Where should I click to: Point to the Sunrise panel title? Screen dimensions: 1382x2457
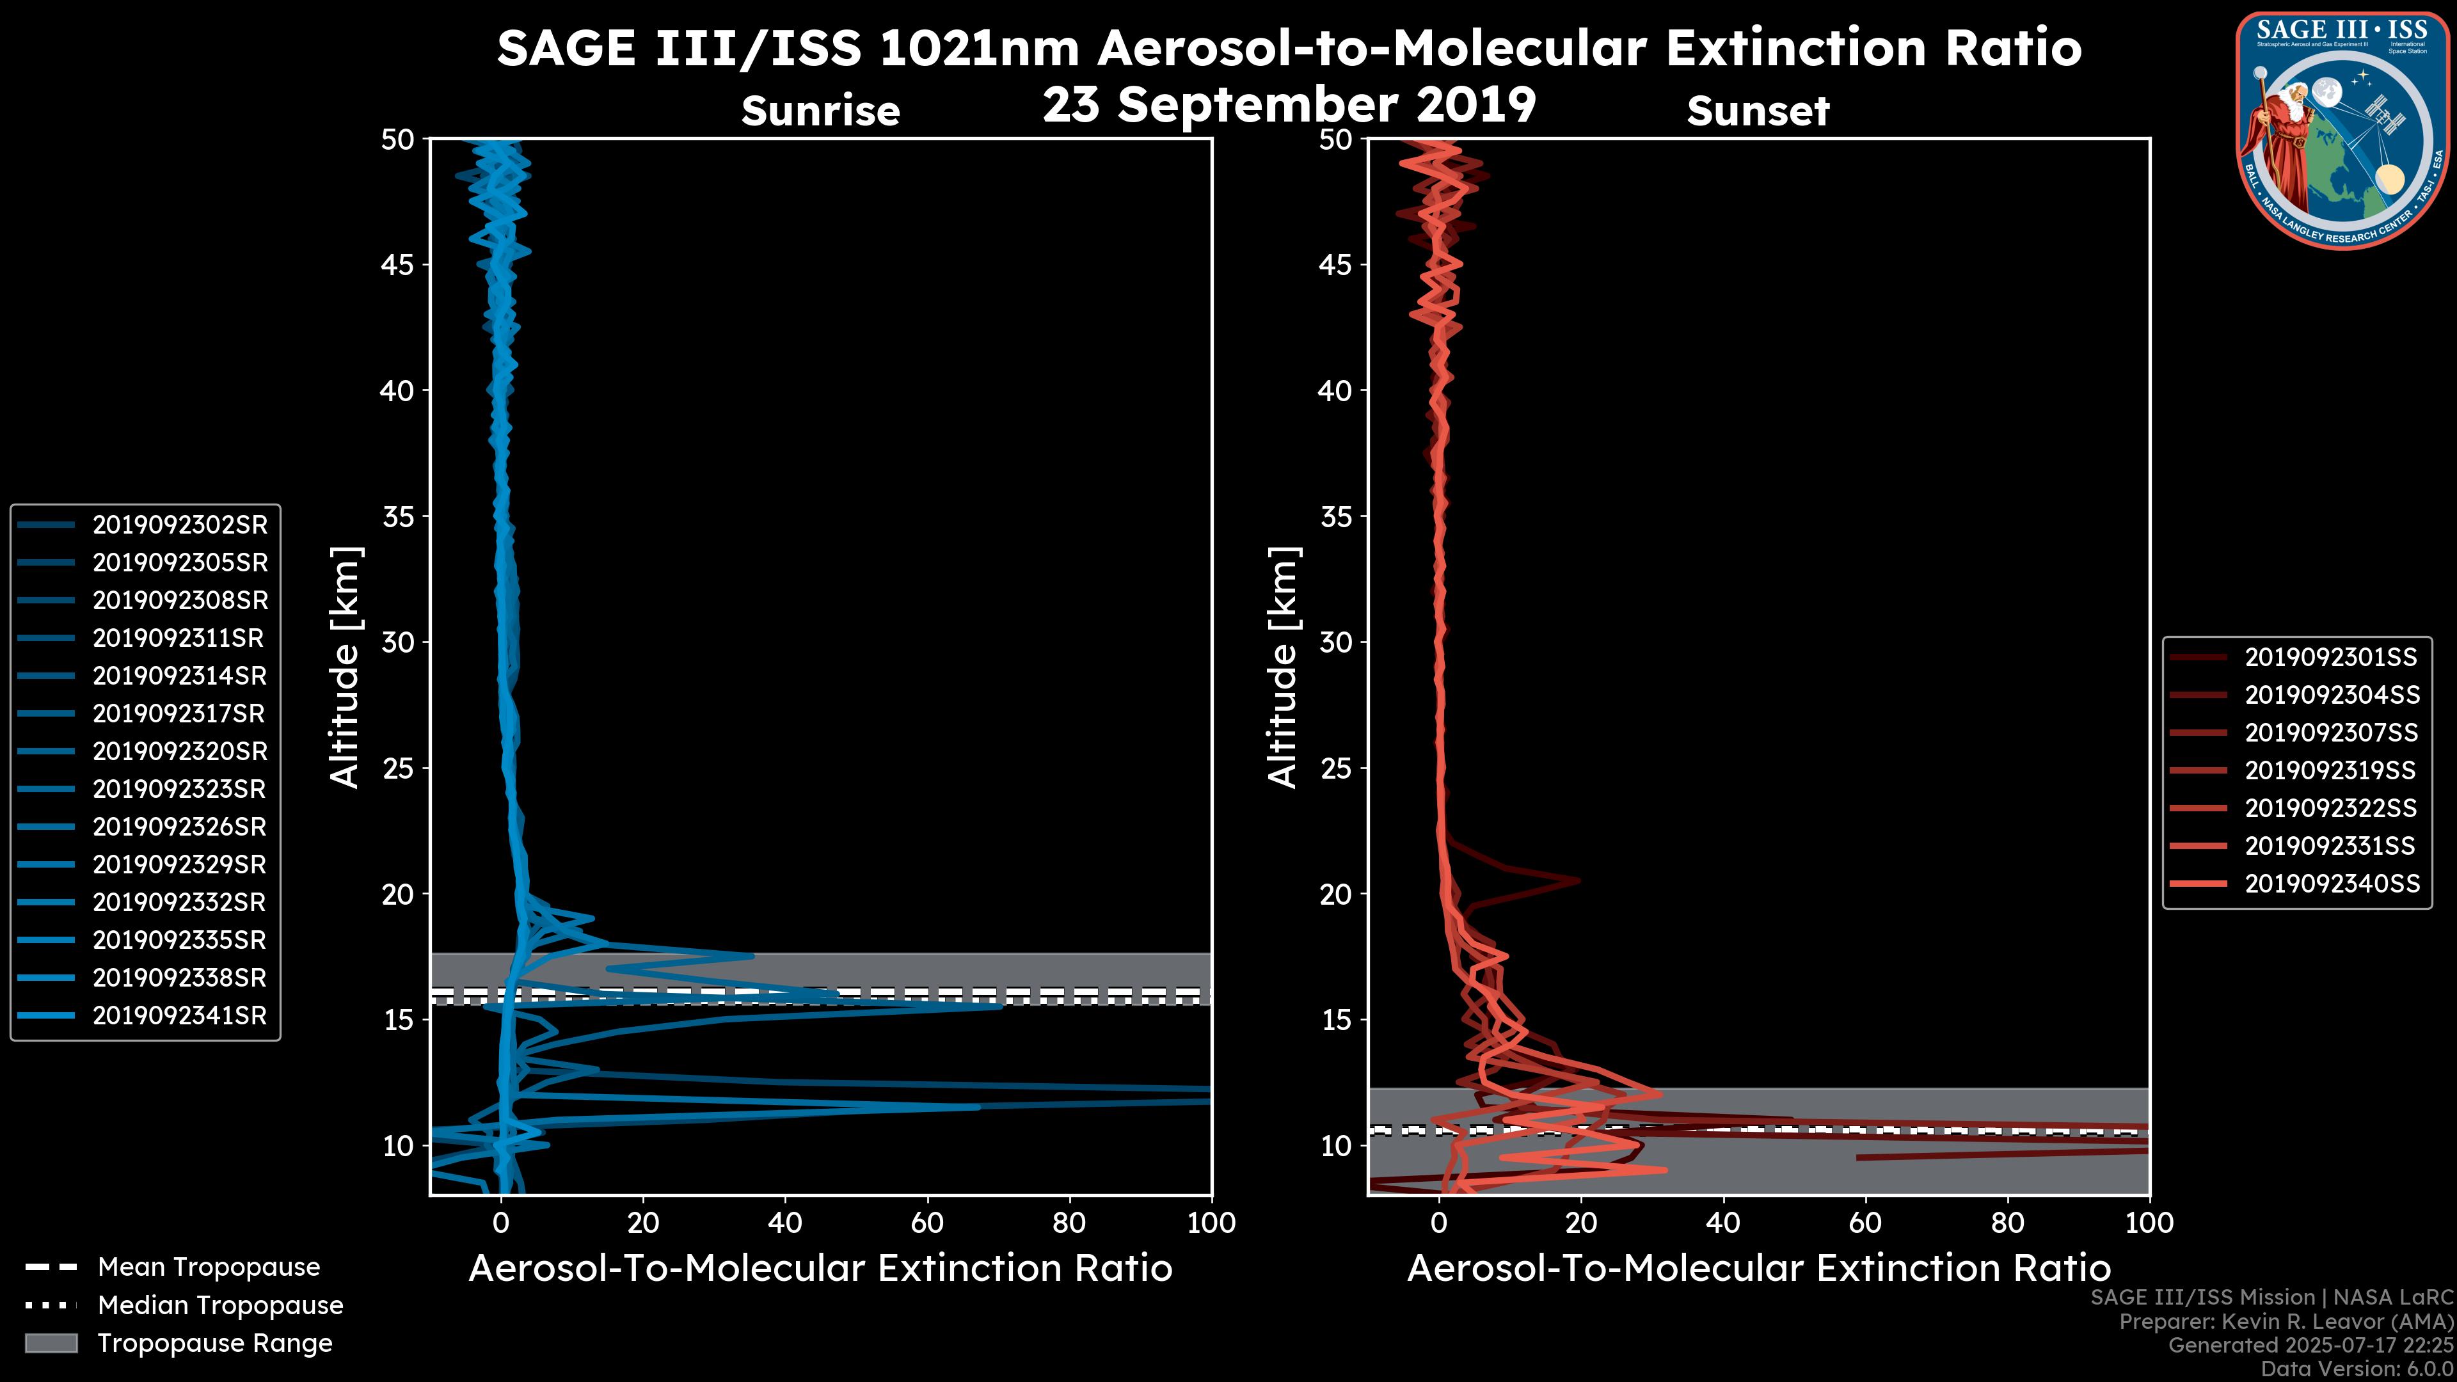[820, 111]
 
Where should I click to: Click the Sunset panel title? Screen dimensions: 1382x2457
[1758, 111]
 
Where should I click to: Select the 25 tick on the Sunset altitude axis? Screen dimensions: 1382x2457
[1336, 768]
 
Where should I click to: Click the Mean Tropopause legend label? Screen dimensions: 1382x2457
[209, 1267]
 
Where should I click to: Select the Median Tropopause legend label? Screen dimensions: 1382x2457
[220, 1306]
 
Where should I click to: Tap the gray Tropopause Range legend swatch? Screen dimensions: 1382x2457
[51, 1344]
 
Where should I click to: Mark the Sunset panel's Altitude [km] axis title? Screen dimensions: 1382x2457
[1283, 667]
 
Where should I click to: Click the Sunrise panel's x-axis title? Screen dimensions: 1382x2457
[820, 1269]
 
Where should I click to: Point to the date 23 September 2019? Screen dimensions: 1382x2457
[1289, 105]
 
